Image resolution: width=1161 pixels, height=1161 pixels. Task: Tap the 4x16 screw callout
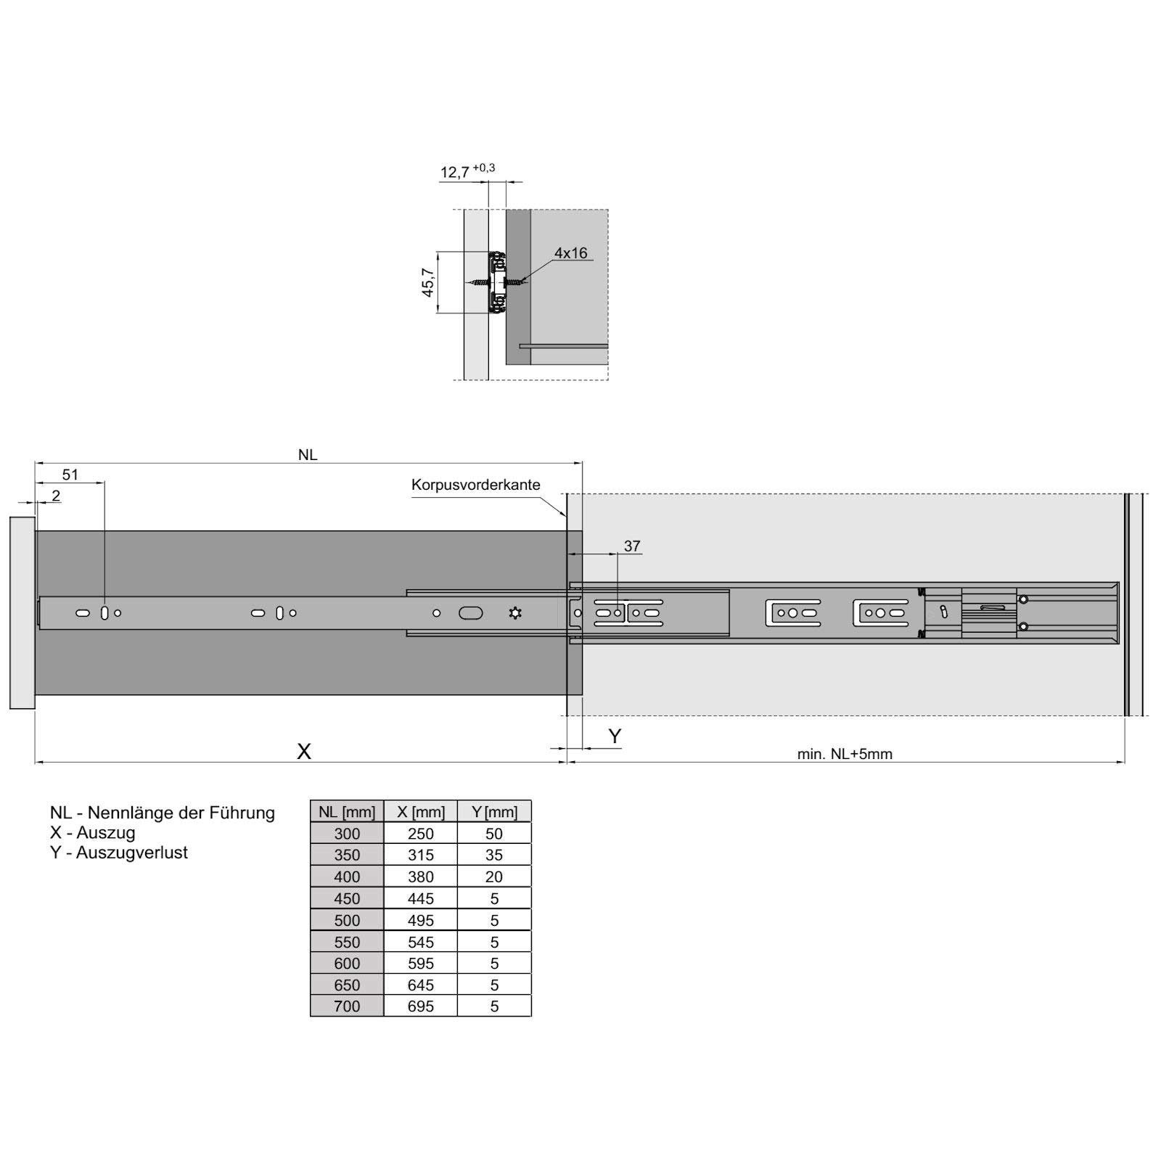point(570,253)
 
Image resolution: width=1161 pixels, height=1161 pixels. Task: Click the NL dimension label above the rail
point(308,455)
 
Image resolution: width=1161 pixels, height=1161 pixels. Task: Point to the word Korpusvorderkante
point(476,485)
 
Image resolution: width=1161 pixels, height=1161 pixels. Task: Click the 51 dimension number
point(70,475)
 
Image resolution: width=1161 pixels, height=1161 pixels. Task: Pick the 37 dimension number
point(632,546)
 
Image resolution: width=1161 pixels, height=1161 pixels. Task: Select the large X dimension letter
point(304,751)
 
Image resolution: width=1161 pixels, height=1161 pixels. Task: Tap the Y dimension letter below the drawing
point(615,737)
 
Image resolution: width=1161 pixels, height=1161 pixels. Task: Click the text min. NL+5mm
point(845,754)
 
